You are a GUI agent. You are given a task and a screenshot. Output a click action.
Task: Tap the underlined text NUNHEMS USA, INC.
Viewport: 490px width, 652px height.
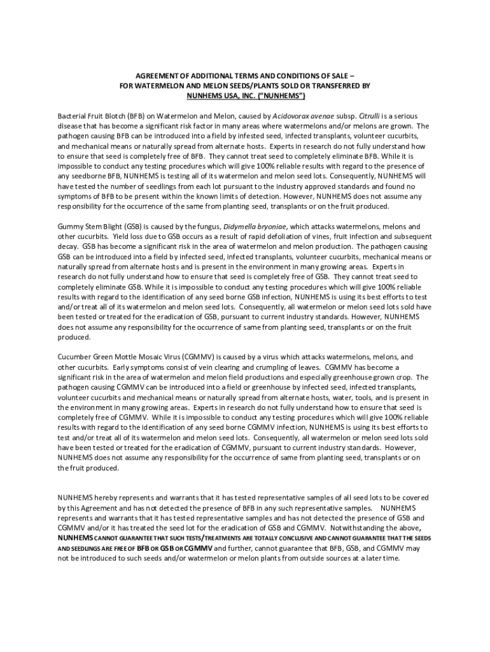219,96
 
